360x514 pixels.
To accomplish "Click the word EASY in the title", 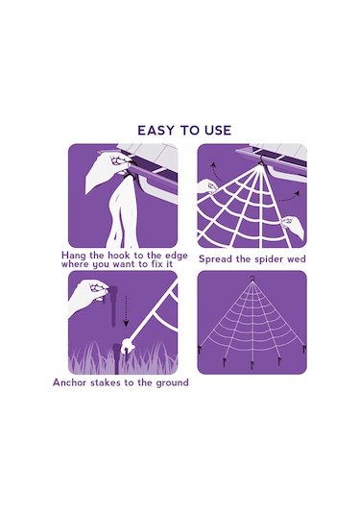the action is [156, 130].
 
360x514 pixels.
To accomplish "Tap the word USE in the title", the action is [218, 130].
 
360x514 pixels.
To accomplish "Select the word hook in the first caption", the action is [119, 255].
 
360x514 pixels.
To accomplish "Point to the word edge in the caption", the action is [176, 256].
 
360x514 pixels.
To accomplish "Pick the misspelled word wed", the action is [296, 259].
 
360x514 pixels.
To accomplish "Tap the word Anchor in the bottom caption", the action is [69, 382].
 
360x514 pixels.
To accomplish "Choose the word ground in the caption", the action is [172, 383].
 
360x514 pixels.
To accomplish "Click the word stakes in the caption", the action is [106, 382].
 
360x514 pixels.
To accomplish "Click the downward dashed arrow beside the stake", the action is [126, 310].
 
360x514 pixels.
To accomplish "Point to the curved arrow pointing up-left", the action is [216, 171].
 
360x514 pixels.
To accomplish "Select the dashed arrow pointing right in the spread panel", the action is [290, 197].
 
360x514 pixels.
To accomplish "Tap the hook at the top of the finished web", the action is [252, 279].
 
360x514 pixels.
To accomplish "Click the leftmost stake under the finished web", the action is [200, 351].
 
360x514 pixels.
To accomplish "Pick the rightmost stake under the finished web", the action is [304, 350].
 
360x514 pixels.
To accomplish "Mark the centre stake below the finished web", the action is [252, 365].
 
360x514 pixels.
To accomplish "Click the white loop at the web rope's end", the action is [127, 346].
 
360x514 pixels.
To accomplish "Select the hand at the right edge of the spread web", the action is [293, 226].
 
